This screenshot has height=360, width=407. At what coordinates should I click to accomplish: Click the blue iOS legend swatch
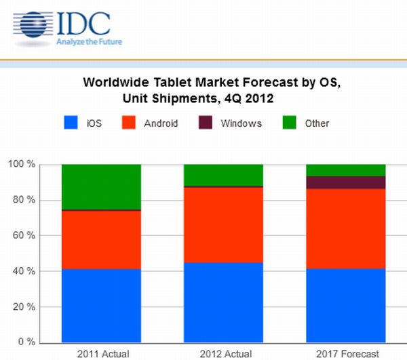(x=71, y=123)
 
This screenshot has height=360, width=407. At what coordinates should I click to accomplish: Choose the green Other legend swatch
(x=288, y=123)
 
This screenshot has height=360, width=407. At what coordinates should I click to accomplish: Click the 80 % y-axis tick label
(x=23, y=200)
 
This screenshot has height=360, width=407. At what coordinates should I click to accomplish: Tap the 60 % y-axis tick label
(x=23, y=235)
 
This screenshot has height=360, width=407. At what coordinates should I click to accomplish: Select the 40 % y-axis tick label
(x=23, y=271)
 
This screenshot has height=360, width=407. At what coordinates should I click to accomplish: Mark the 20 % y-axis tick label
(x=23, y=306)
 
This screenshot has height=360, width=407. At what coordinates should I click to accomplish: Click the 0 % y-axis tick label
(x=26, y=342)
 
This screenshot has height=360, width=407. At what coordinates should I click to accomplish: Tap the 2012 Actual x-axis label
(x=224, y=353)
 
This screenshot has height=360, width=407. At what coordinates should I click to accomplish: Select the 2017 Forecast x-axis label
(x=346, y=353)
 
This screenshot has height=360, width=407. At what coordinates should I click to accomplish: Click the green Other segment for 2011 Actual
(x=101, y=186)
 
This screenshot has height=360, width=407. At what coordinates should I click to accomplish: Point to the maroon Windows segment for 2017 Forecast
(x=346, y=182)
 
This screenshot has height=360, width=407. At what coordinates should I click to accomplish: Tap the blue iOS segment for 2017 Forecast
(x=346, y=305)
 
